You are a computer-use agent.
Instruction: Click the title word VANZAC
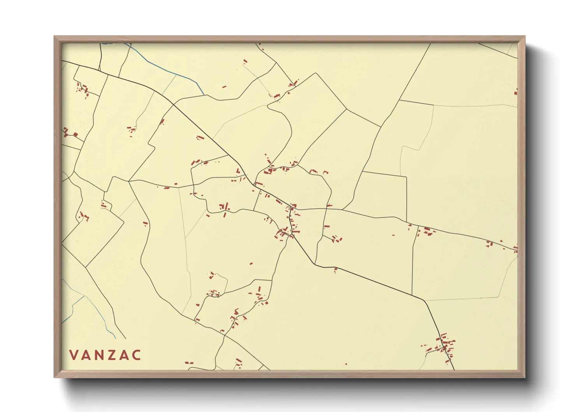(105, 355)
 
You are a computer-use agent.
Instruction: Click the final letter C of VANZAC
(136, 355)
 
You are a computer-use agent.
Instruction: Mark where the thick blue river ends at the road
(204, 94)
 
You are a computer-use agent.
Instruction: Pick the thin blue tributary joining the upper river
(170, 84)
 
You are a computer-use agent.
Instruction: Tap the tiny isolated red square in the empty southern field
(346, 364)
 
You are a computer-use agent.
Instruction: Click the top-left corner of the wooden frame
(54, 37)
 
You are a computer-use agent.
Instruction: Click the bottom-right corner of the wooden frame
(525, 377)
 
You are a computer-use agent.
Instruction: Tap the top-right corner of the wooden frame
(525, 37)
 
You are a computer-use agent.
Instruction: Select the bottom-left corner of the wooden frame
(54, 377)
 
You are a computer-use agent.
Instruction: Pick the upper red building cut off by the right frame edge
(516, 92)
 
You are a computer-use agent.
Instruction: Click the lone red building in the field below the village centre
(251, 264)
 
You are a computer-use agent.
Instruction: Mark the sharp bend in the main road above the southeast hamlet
(424, 300)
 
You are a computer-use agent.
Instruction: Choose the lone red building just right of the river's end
(224, 87)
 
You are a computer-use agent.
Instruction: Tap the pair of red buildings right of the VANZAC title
(189, 363)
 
